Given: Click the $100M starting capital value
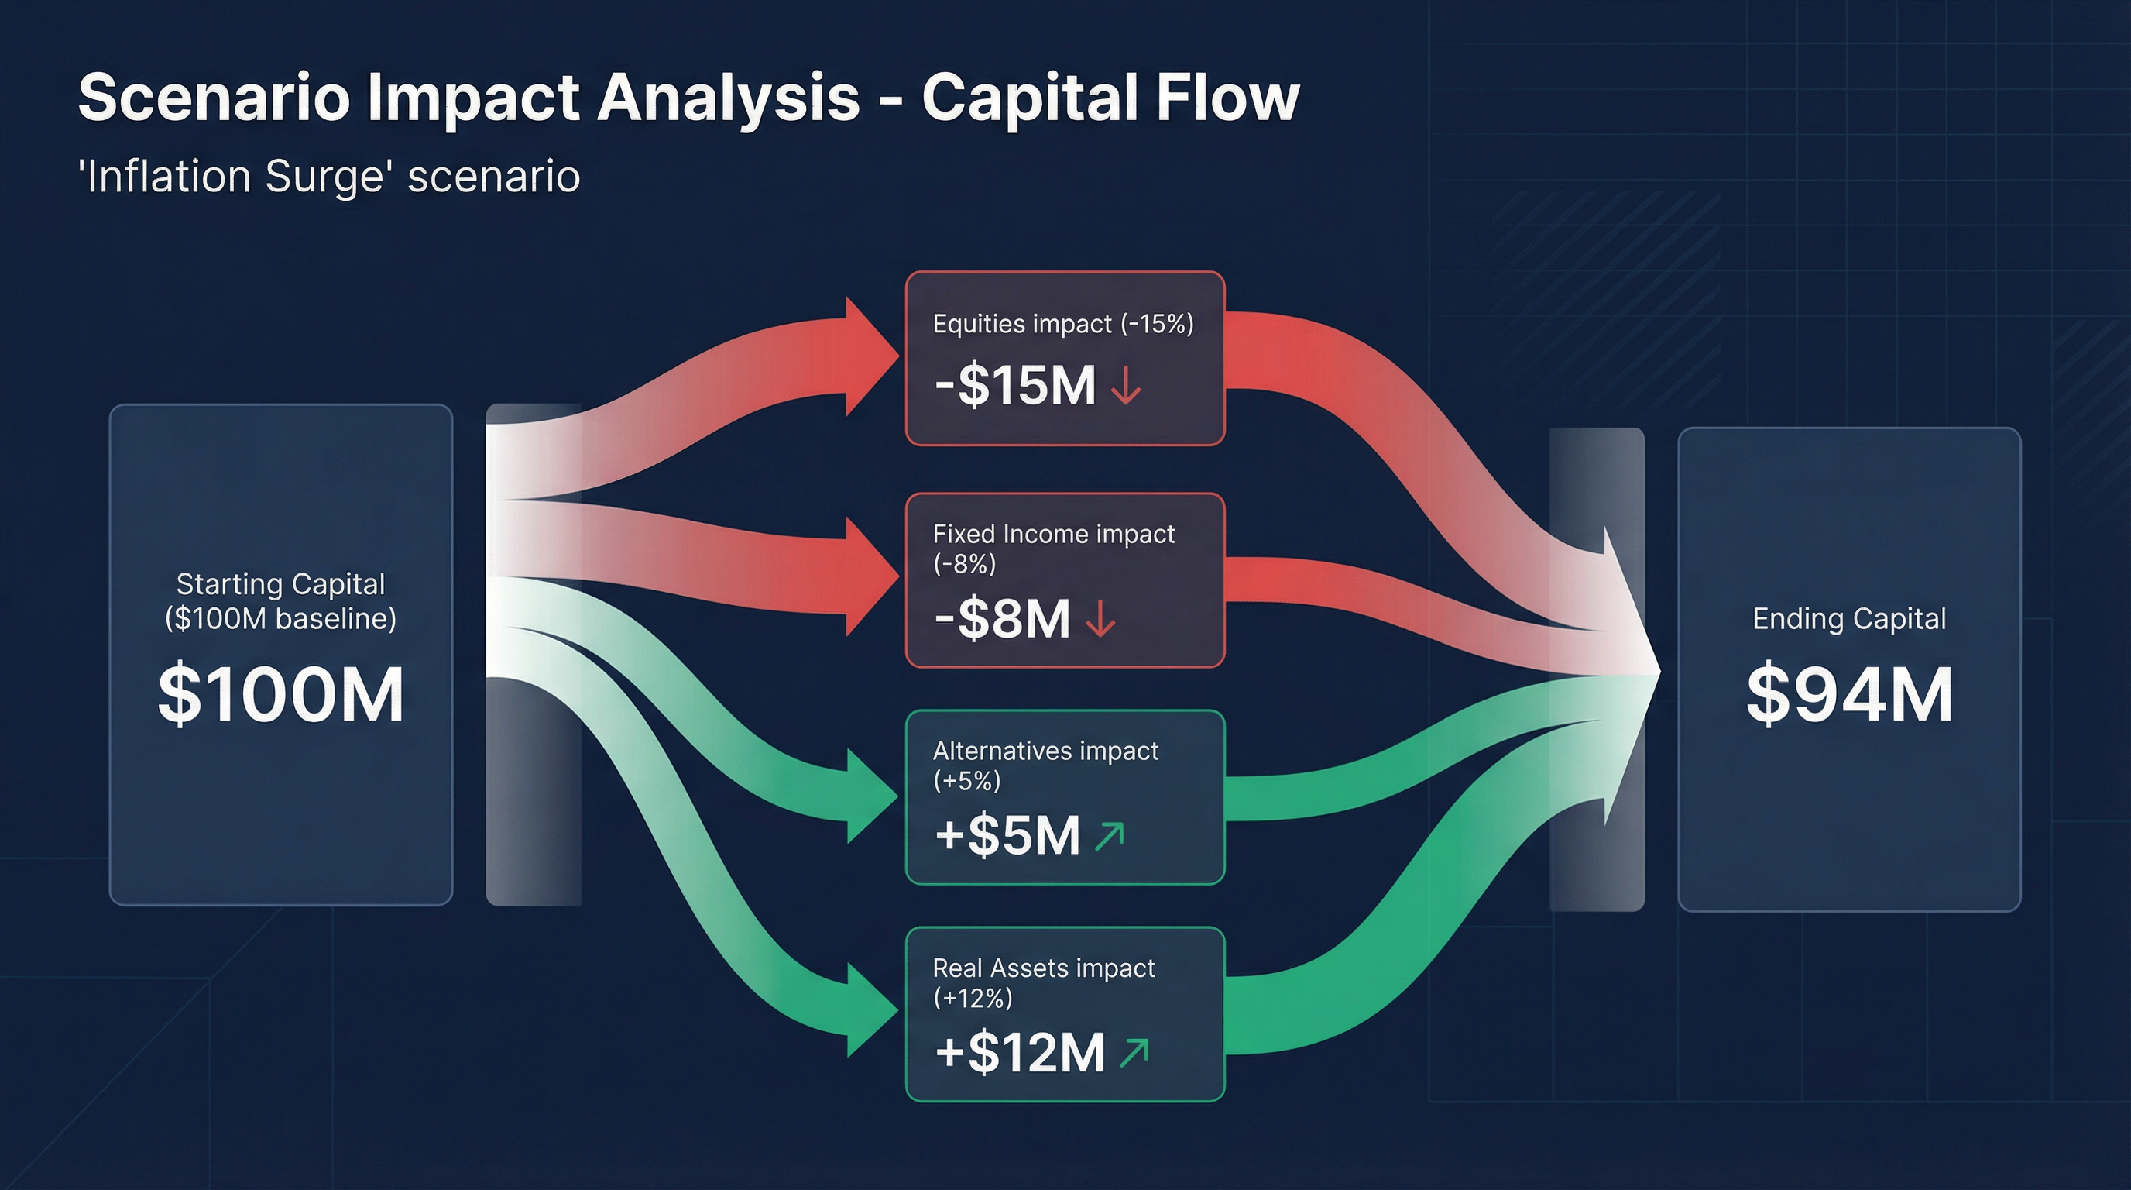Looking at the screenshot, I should point(280,694).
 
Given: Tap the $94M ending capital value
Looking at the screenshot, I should point(1849,694).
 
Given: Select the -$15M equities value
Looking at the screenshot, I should point(1015,386).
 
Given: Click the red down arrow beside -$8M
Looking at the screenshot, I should point(1100,620).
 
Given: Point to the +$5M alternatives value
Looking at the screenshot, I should point(1007,835).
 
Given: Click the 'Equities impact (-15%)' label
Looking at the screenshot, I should point(1063,324).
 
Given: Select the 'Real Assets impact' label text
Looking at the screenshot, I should point(1043,968).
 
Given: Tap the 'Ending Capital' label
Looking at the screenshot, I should point(1849,619).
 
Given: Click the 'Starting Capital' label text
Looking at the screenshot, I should point(280,584).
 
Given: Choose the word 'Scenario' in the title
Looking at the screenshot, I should point(214,98).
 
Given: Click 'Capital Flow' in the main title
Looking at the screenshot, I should point(1110,98).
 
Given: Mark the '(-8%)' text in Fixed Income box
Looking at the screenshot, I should point(964,564).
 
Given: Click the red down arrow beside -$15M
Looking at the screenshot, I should point(1126,386).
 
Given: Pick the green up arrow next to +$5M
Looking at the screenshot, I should point(1110,836).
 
